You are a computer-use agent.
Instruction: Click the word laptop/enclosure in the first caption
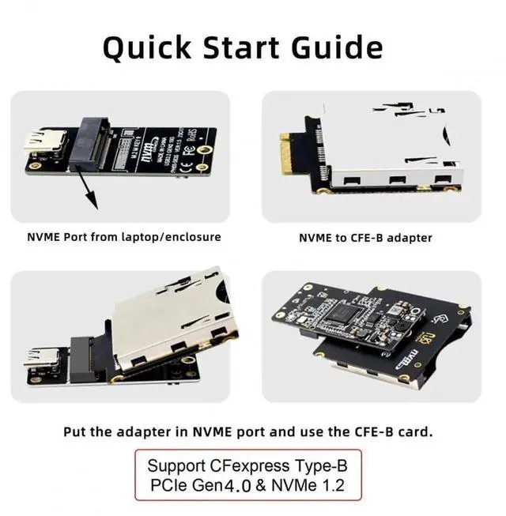172,237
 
